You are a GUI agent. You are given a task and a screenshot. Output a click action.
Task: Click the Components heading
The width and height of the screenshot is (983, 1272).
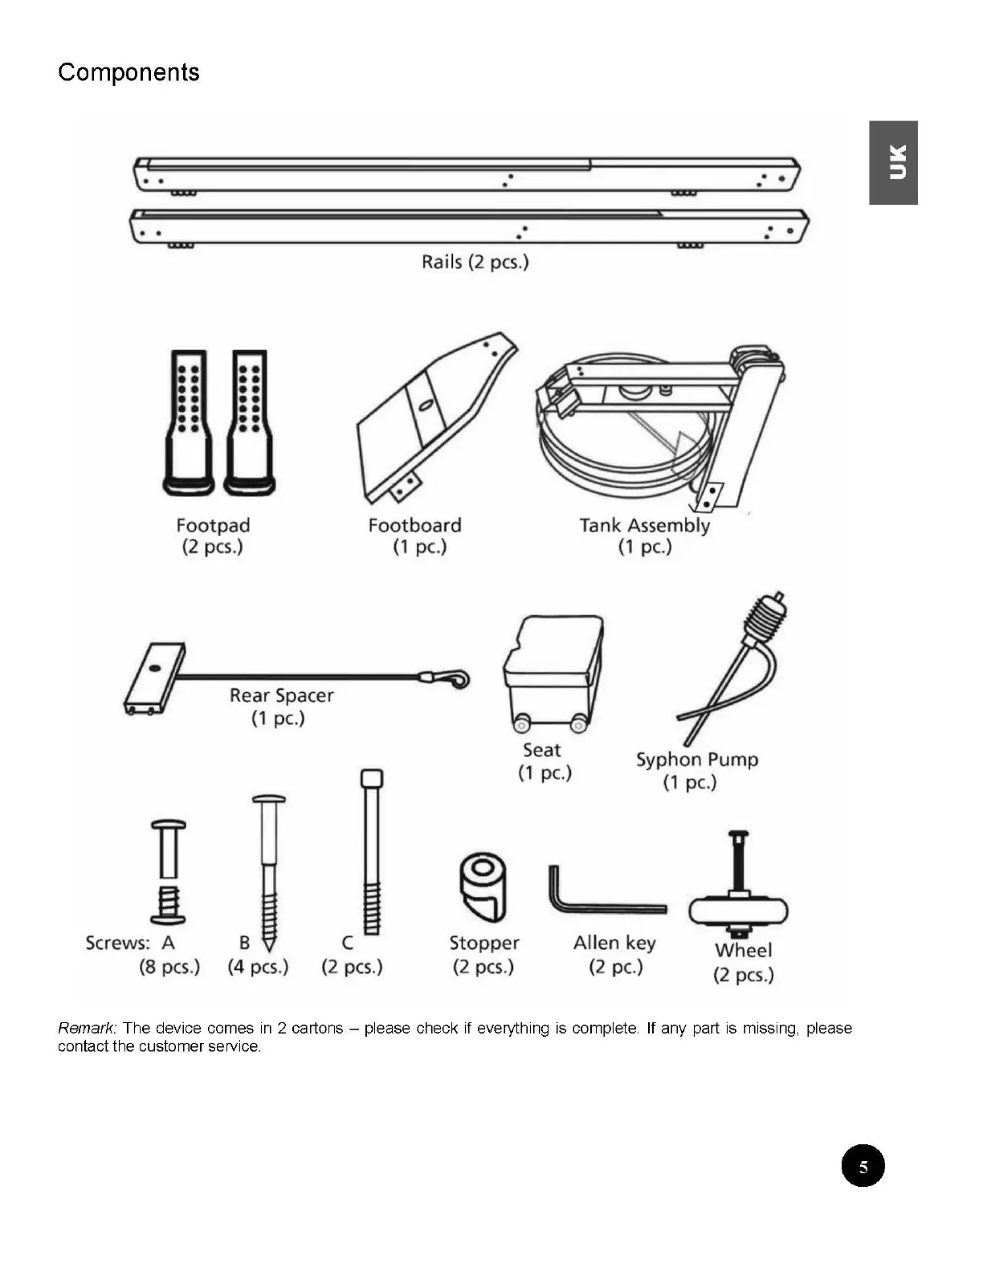click(x=128, y=72)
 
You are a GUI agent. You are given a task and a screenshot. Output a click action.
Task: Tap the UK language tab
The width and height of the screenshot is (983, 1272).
click(x=893, y=162)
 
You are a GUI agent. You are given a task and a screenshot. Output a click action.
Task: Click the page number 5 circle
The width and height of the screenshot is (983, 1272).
click(x=863, y=1166)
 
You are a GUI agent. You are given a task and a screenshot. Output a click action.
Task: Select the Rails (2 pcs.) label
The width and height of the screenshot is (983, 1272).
click(x=475, y=262)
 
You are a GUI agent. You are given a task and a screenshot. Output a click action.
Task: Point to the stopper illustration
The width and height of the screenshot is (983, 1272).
click(x=483, y=888)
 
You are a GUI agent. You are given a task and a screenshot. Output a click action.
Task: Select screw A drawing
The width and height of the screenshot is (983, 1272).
click(x=169, y=872)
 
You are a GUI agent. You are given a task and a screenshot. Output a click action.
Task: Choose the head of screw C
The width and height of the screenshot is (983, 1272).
click(x=371, y=779)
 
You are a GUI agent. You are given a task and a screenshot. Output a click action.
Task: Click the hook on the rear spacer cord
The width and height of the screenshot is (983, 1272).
click(x=459, y=679)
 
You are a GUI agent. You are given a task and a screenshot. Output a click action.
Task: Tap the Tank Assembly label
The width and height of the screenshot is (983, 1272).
click(x=644, y=526)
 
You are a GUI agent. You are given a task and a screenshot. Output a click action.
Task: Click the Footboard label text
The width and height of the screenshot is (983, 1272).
click(x=414, y=526)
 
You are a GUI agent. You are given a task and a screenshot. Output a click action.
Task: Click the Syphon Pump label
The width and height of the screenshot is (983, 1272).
click(x=696, y=760)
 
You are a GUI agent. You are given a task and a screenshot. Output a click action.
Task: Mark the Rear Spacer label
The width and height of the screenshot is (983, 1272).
click(x=281, y=695)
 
